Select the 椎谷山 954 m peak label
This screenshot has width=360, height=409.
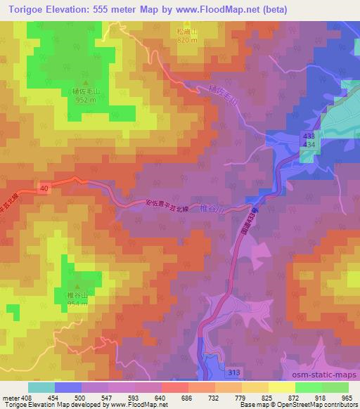point(77,299)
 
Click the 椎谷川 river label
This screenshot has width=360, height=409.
point(230,209)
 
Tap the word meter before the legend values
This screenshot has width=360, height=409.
point(11,397)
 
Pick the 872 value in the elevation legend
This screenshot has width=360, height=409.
point(295,397)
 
